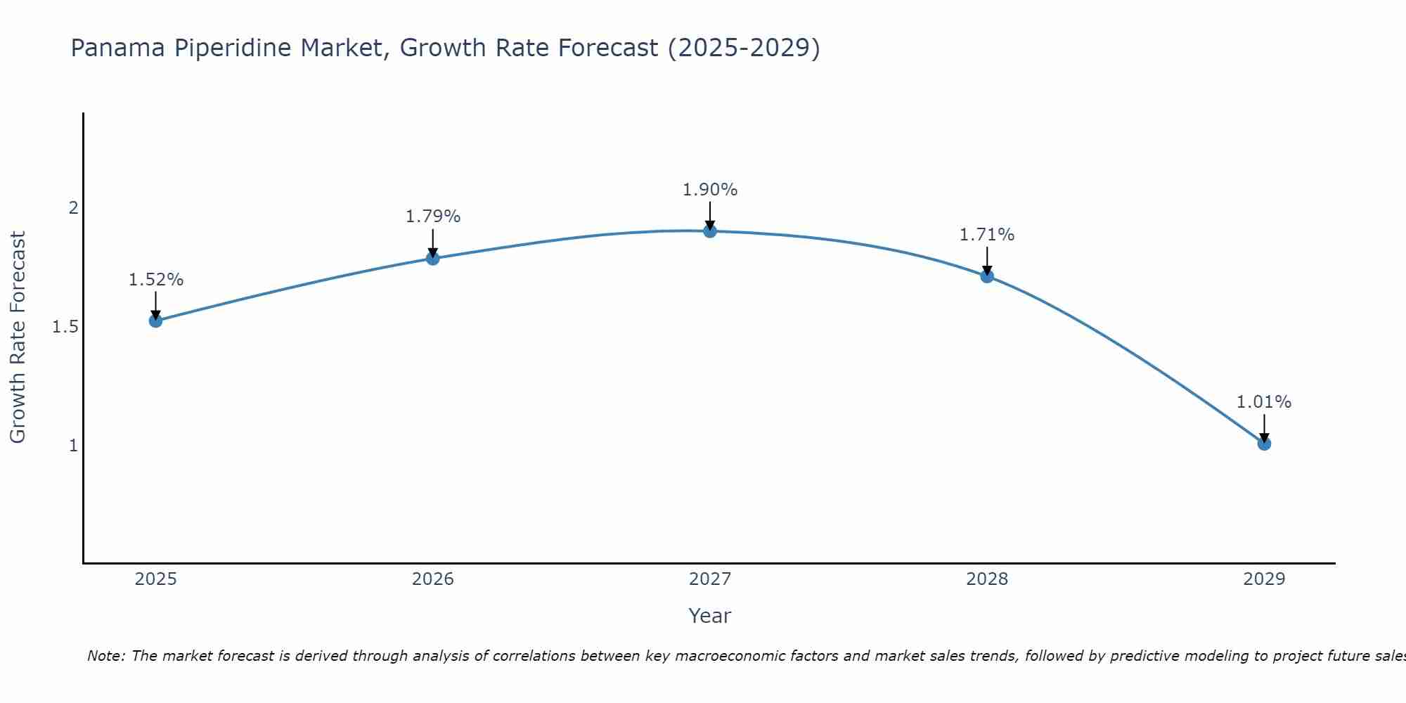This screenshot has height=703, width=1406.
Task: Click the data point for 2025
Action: click(155, 321)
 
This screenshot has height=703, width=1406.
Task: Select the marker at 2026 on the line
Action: click(433, 258)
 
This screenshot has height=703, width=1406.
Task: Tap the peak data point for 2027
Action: click(710, 231)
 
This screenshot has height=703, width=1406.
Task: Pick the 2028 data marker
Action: click(987, 276)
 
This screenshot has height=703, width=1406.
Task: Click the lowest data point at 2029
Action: click(1264, 444)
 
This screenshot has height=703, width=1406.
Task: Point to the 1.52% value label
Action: click(155, 280)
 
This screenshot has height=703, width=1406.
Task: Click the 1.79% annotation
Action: click(433, 217)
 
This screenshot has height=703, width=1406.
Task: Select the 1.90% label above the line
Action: click(710, 190)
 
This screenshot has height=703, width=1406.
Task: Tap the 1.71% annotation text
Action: click(987, 235)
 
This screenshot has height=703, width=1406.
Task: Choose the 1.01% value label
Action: click(1264, 402)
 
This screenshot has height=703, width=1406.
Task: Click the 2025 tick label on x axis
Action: click(155, 579)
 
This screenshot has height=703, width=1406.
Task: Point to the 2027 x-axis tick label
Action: click(710, 579)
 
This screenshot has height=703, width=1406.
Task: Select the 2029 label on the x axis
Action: click(1264, 579)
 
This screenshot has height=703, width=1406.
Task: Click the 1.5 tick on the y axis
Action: click(65, 327)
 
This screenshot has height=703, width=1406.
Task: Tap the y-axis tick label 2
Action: click(72, 208)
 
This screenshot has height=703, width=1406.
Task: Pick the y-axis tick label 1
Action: click(72, 446)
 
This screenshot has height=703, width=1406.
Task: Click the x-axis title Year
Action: click(710, 616)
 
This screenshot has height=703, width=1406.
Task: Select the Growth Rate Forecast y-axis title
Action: click(18, 337)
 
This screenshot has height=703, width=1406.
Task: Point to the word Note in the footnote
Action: click(105, 656)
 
